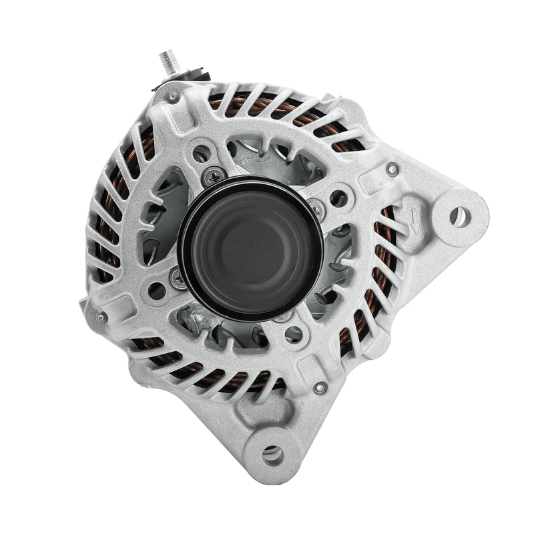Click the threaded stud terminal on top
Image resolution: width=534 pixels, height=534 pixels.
(x=167, y=63)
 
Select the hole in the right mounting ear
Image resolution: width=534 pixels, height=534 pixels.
(x=459, y=216)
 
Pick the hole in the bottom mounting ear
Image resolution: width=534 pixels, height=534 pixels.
(x=272, y=455)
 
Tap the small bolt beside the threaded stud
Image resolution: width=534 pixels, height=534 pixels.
(x=173, y=97)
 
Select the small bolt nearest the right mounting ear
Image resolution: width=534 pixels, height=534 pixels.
(x=393, y=170)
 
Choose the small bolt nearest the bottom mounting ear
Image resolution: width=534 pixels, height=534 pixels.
(x=320, y=387)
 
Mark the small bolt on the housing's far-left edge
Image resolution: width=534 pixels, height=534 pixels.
(x=101, y=317)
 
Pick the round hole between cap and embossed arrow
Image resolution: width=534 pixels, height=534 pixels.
(x=339, y=198)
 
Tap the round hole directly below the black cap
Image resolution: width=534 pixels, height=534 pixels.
(x=294, y=334)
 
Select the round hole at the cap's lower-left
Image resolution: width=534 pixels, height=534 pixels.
(x=157, y=290)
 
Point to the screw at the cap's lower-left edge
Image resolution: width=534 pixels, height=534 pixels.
(x=178, y=278)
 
